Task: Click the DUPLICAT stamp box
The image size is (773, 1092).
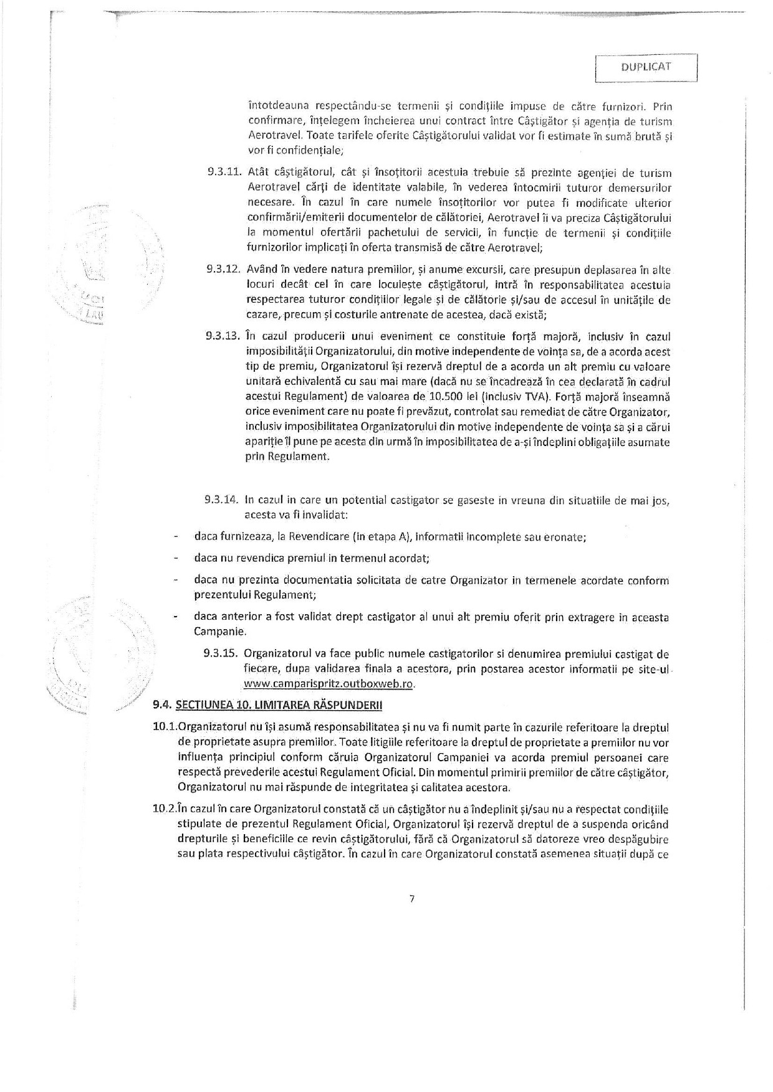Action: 646,68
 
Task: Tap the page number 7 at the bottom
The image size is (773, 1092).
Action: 412,898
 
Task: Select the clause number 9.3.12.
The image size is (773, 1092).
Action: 223,270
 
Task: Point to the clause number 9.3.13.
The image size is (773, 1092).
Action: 223,337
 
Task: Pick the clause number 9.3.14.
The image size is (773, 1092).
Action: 221,500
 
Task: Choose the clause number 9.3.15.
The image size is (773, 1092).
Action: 221,654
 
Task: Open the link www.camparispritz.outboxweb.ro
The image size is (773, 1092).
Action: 329,684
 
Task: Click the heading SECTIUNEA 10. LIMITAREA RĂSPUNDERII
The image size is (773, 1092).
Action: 280,705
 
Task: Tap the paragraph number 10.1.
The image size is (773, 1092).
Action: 165,728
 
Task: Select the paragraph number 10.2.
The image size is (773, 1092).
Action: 165,810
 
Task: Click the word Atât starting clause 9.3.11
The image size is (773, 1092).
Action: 258,173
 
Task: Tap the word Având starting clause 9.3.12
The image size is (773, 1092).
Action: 261,270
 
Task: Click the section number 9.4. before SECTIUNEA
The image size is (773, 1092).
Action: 163,705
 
